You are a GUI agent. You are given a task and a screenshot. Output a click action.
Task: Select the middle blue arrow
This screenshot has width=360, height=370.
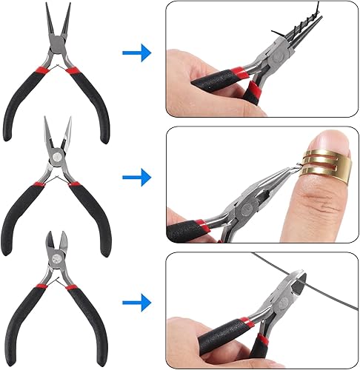click(x=136, y=177)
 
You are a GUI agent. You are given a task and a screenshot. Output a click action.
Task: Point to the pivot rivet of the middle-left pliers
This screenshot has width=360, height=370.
click(x=56, y=158)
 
